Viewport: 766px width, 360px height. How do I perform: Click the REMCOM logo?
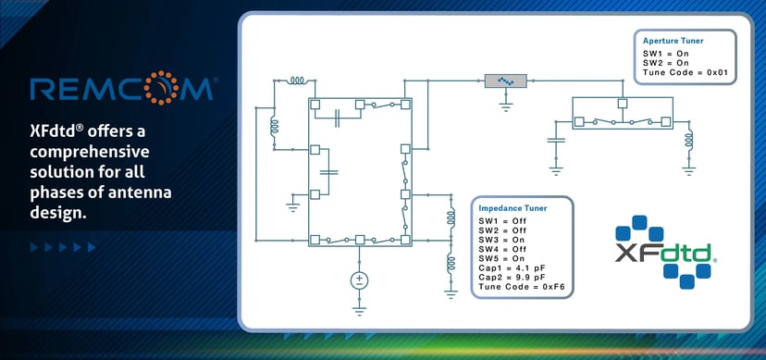122,90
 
